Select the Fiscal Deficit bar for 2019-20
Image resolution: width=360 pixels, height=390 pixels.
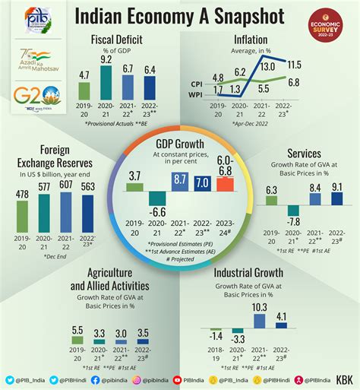click(x=84, y=90)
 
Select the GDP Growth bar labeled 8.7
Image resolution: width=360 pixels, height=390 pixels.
click(x=180, y=181)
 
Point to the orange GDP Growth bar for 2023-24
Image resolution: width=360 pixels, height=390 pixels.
click(x=225, y=185)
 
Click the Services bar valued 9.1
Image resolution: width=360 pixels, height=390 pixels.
click(x=336, y=198)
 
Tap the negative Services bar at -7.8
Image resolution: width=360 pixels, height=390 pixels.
click(x=293, y=211)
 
